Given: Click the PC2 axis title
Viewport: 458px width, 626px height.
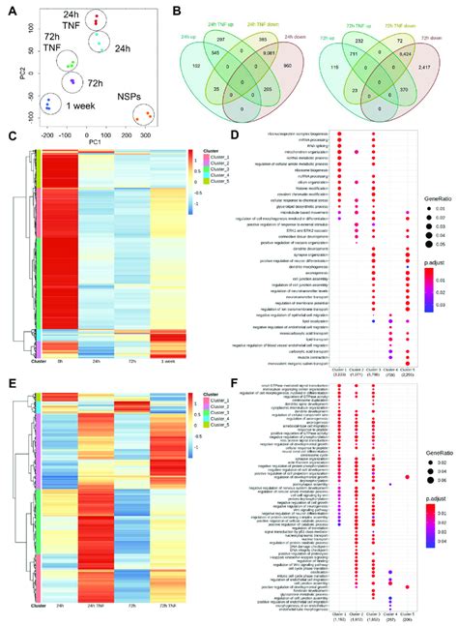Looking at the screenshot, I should click(8, 70).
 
